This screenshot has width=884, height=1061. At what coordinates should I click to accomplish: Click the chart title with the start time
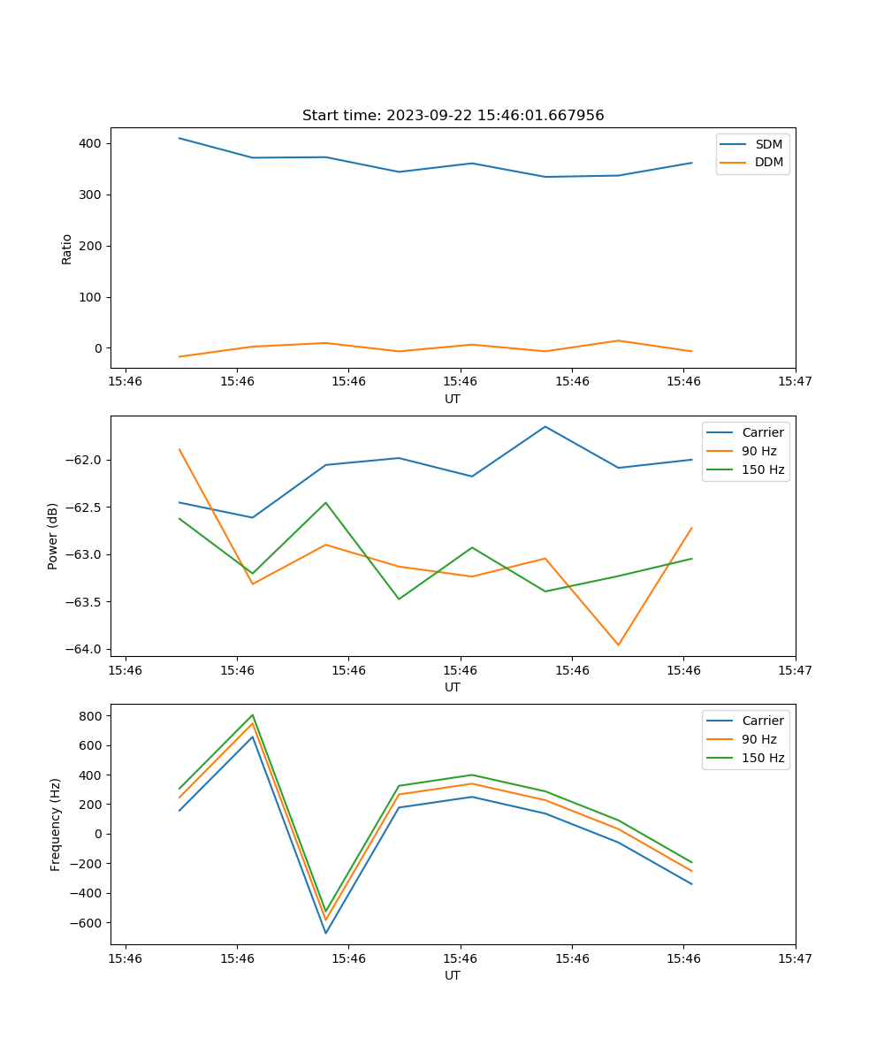tap(453, 116)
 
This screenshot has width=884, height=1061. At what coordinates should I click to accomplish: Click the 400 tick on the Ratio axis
tap(91, 143)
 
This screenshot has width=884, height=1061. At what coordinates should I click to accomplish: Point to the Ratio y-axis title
tap(67, 248)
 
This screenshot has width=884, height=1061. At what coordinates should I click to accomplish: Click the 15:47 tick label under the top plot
tap(795, 381)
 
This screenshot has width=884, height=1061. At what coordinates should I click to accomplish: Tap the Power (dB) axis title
tap(53, 536)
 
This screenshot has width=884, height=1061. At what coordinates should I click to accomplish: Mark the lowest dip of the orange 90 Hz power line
tap(618, 645)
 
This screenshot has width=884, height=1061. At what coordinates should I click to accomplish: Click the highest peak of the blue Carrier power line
tap(545, 426)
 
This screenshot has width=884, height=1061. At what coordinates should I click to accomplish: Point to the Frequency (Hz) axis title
tap(56, 824)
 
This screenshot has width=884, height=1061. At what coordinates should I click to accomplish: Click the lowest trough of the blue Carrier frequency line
tap(325, 933)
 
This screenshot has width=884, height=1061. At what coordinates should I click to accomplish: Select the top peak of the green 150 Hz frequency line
tap(253, 715)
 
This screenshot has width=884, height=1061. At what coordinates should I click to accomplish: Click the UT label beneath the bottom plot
tap(453, 975)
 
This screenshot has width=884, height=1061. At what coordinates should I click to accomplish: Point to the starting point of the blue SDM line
tap(179, 138)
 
